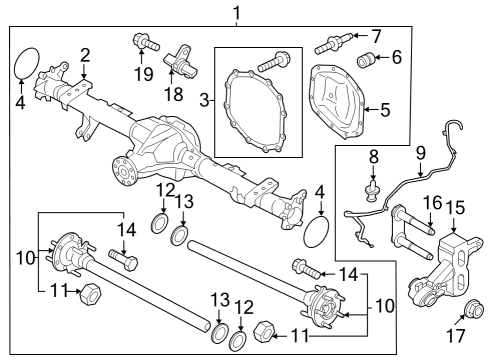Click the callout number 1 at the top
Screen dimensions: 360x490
[236, 13]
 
